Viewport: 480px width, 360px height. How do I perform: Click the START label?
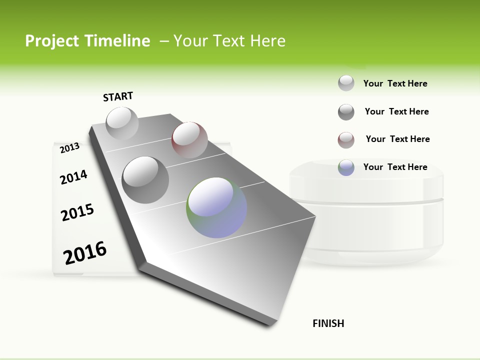pos(118,96)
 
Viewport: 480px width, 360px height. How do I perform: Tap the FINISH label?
pos(328,323)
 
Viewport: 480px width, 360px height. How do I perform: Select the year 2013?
pos(70,147)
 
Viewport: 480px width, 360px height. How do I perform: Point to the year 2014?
pos(73,177)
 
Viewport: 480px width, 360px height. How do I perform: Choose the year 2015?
pos(77,212)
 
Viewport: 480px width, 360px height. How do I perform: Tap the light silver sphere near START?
pos(122,123)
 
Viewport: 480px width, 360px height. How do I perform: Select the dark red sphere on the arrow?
pos(189,139)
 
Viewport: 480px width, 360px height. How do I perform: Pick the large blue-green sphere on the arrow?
pos(216,207)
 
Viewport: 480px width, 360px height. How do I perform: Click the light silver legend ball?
pos(346,83)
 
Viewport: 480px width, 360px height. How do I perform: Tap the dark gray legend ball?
pos(346,112)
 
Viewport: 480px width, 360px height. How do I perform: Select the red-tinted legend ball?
pos(346,140)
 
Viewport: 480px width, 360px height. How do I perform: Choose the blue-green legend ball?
pos(346,167)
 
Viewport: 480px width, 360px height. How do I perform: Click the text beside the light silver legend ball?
pos(395,83)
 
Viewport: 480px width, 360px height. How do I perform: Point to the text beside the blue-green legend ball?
pos(395,167)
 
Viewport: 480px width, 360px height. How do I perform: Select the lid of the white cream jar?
pos(366,182)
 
